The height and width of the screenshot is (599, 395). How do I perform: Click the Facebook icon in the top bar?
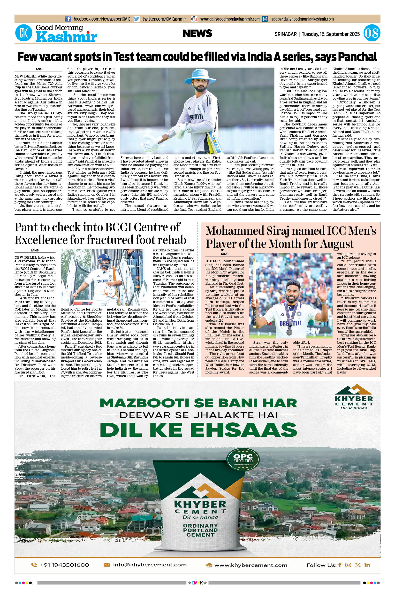(x=68, y=19)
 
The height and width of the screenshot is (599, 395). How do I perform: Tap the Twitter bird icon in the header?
(x=137, y=19)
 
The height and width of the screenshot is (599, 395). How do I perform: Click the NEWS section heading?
(x=197, y=33)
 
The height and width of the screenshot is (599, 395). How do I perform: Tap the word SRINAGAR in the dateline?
(x=285, y=34)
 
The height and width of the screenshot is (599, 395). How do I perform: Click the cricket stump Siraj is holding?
(x=254, y=290)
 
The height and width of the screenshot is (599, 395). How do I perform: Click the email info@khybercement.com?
(x=150, y=565)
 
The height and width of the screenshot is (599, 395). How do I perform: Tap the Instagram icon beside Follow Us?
(x=348, y=565)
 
